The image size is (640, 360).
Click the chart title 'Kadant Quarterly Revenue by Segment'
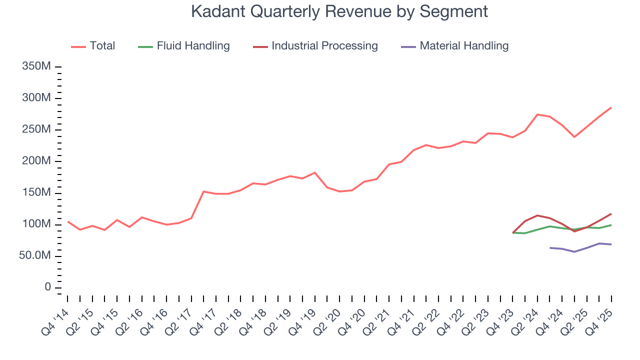[339, 11]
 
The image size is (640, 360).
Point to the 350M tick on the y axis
[36, 66]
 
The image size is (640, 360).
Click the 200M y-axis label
[36, 161]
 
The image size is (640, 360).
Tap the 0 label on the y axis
[47, 287]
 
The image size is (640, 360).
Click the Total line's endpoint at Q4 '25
[611, 107]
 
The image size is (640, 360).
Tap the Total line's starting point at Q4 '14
[67, 221]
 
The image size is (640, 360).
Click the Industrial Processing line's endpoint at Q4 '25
[611, 213]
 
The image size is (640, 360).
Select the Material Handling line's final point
[611, 244]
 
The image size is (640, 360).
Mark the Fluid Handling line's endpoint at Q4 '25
[611, 225]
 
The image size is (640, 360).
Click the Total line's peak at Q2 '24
[537, 114]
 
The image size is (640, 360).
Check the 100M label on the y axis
[36, 224]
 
